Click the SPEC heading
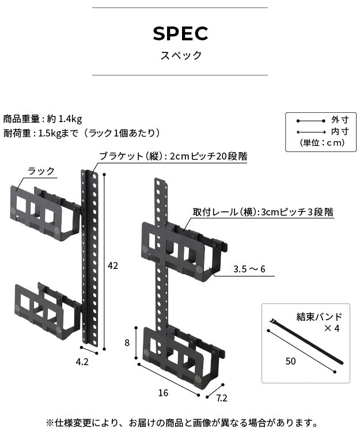(180, 34)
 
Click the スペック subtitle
(180, 56)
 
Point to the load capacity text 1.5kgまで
(59, 133)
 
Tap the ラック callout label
(41, 171)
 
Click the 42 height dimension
(113, 265)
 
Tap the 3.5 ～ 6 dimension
(249, 269)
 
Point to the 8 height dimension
(128, 342)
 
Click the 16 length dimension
(163, 393)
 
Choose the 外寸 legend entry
(339, 120)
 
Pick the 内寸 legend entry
(339, 131)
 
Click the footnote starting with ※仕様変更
(181, 423)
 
